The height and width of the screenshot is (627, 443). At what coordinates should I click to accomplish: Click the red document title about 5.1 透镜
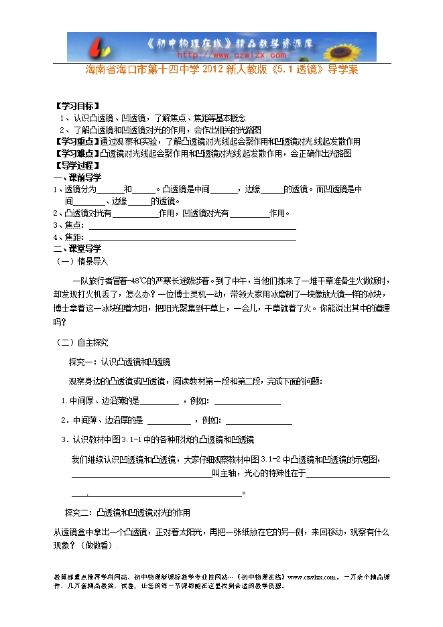222,70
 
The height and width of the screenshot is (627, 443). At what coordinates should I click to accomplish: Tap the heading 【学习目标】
78,107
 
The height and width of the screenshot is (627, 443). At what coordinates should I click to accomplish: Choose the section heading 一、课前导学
78,178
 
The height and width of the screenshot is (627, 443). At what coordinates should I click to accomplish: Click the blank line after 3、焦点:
192,226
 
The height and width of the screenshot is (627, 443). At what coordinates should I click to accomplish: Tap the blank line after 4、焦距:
192,238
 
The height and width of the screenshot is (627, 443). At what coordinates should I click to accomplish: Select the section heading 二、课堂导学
78,249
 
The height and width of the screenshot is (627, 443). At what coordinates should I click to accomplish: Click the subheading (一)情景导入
80,261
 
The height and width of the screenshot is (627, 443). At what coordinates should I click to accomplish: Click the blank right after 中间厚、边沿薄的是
160,402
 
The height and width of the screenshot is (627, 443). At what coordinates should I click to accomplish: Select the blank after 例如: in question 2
259,421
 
